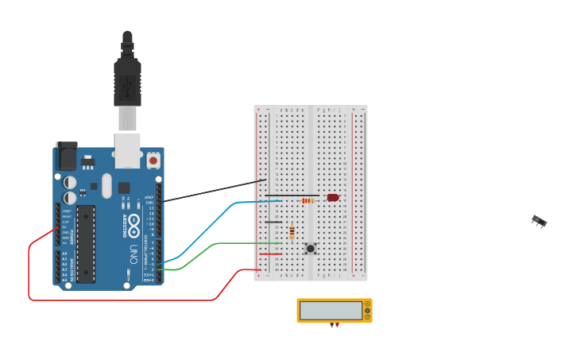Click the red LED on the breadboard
point(333,197)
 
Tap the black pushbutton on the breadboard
point(311,249)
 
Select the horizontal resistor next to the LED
point(308,201)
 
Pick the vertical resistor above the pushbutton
point(292,232)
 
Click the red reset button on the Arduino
point(153,161)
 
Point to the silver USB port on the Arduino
point(127,150)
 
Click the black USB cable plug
point(127,80)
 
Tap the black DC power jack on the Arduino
point(66,157)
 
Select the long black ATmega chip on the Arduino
point(85,243)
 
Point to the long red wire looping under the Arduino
point(119,300)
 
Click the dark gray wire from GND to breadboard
point(215,191)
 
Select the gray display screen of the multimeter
point(331,310)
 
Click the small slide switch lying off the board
point(539,221)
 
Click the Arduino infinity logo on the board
point(134,222)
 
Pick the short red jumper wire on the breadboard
point(270,254)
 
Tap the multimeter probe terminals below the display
point(334,325)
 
